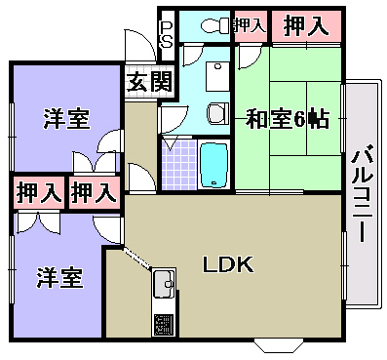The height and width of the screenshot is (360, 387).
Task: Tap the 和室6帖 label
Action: coord(287,120)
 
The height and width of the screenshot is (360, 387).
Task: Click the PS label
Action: coord(167,34)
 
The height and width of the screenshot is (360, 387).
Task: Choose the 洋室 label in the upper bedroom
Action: coord(66,120)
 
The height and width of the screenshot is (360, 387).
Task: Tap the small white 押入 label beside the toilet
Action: coord(250,25)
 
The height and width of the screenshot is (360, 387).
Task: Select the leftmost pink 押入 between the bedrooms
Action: coord(38,192)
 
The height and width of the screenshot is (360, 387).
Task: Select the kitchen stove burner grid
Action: coord(164,324)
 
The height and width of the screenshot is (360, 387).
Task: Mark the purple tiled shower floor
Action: coord(177,166)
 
